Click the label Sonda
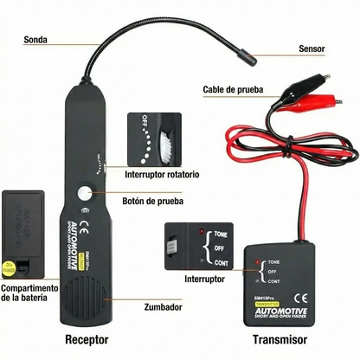35,39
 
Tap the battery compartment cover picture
27,230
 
